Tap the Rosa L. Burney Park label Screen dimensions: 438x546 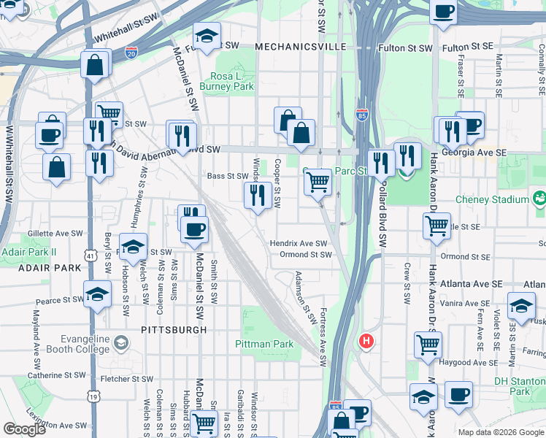pyautogui.click(x=231, y=81)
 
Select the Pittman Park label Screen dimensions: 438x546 pyautogui.click(x=264, y=344)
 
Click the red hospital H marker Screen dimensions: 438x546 pyautogui.click(x=366, y=341)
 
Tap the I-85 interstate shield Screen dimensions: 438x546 pyautogui.click(x=363, y=115)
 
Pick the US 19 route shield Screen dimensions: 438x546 pyautogui.click(x=93, y=396)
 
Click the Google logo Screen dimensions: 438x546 pyautogui.click(x=24, y=429)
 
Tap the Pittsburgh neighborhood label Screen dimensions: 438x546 pyautogui.click(x=174, y=330)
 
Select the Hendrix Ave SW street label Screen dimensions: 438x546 pyautogui.click(x=299, y=243)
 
